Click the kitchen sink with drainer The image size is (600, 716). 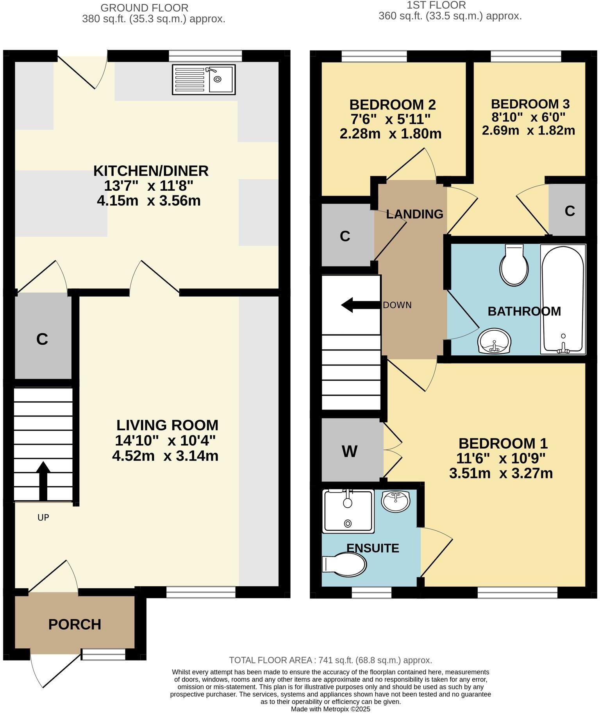point(204,79)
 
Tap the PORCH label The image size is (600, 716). point(75,625)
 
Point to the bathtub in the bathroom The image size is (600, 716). point(563,299)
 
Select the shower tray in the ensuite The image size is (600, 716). point(348,511)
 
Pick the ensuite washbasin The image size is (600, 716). point(396,501)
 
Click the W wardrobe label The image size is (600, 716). point(349,451)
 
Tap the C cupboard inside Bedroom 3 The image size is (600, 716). point(569,211)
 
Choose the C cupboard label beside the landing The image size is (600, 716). point(345,236)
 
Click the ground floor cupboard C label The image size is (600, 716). point(42,339)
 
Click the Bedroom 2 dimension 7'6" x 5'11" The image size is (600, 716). point(391,119)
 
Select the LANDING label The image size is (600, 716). point(414,214)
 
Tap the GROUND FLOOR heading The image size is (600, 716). point(144,7)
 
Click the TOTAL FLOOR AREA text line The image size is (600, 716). point(330,660)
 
